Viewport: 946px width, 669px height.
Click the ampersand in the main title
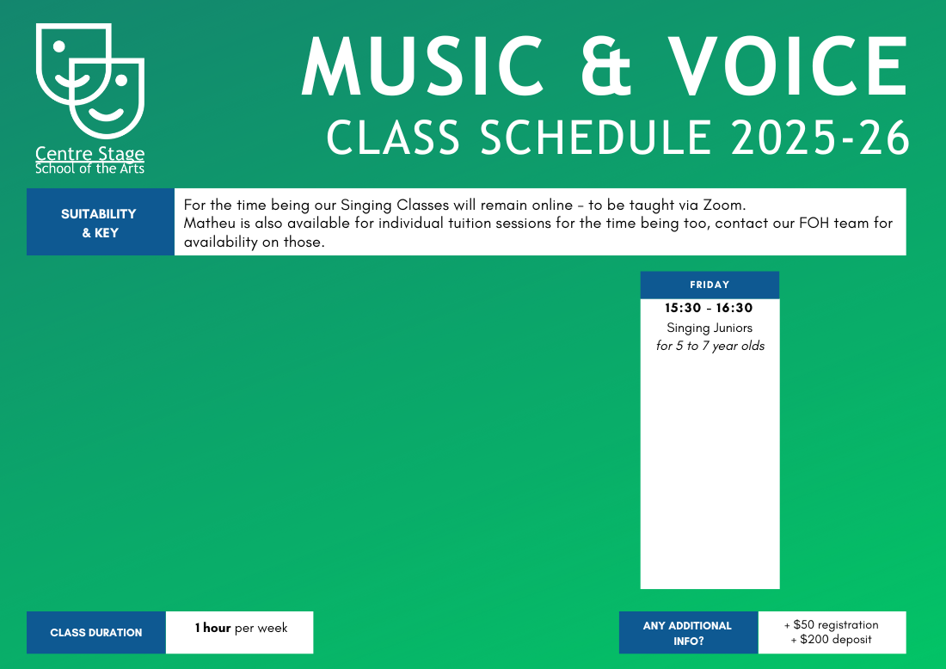point(605,65)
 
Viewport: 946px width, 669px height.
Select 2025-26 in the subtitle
point(820,138)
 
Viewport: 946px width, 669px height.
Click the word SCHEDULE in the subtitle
point(596,138)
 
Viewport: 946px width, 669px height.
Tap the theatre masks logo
point(90,81)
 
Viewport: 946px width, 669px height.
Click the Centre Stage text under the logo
point(90,153)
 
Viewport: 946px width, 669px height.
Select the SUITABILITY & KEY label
point(99,224)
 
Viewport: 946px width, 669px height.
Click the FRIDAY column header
point(709,285)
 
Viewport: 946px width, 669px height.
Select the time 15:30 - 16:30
point(709,308)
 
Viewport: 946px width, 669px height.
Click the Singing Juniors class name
point(709,328)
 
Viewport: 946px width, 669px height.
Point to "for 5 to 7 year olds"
point(710,346)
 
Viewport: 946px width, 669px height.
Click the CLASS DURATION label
point(96,633)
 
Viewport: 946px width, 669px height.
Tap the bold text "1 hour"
point(213,628)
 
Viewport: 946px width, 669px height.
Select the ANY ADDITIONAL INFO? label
point(688,634)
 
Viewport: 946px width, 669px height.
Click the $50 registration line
point(832,625)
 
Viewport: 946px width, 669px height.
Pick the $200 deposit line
point(832,640)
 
